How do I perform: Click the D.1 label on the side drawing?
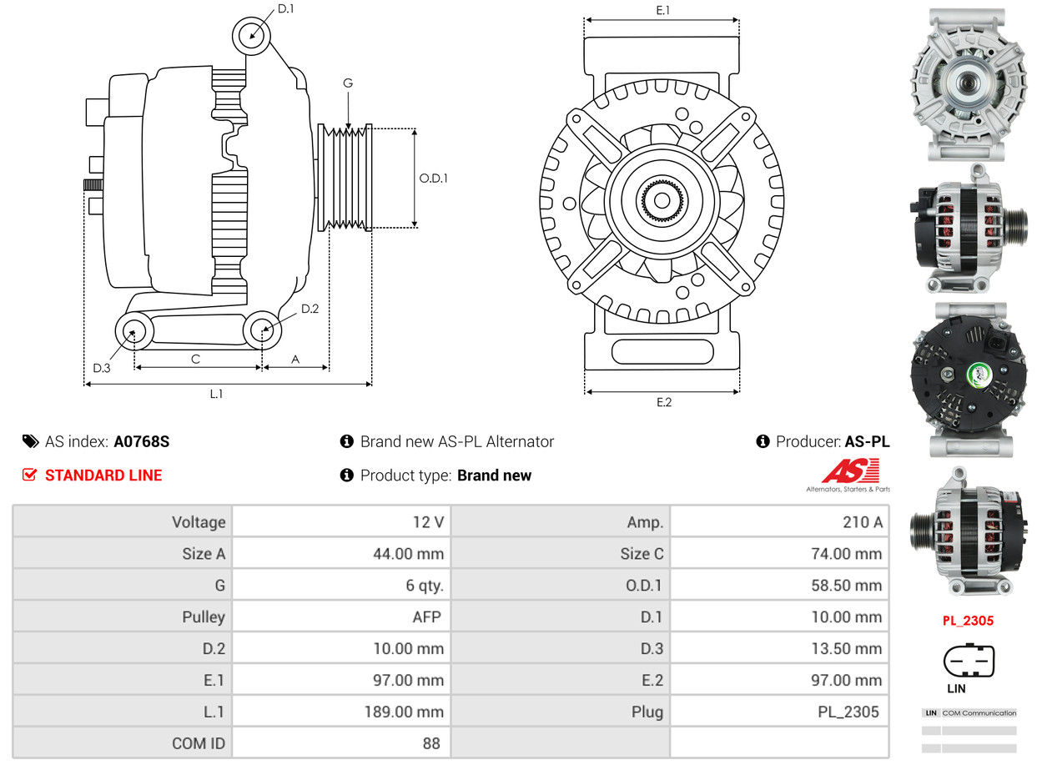point(286,9)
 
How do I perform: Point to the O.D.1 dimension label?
point(433,178)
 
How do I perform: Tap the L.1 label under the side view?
point(216,394)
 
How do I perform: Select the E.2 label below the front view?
point(663,402)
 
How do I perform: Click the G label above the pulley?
point(348,83)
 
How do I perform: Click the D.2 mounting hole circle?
point(263,330)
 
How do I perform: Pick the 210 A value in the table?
point(863,522)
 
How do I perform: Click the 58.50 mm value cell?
point(846,586)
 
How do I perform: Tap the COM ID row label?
point(199,742)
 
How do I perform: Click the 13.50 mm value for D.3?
point(846,648)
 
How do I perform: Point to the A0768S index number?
point(142,442)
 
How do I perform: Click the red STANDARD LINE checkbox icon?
point(30,476)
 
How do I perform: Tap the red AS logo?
point(850,471)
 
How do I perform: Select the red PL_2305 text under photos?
point(968,621)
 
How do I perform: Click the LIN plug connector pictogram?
point(969,661)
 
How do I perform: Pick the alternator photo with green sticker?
point(968,380)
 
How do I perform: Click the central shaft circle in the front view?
point(661,200)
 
